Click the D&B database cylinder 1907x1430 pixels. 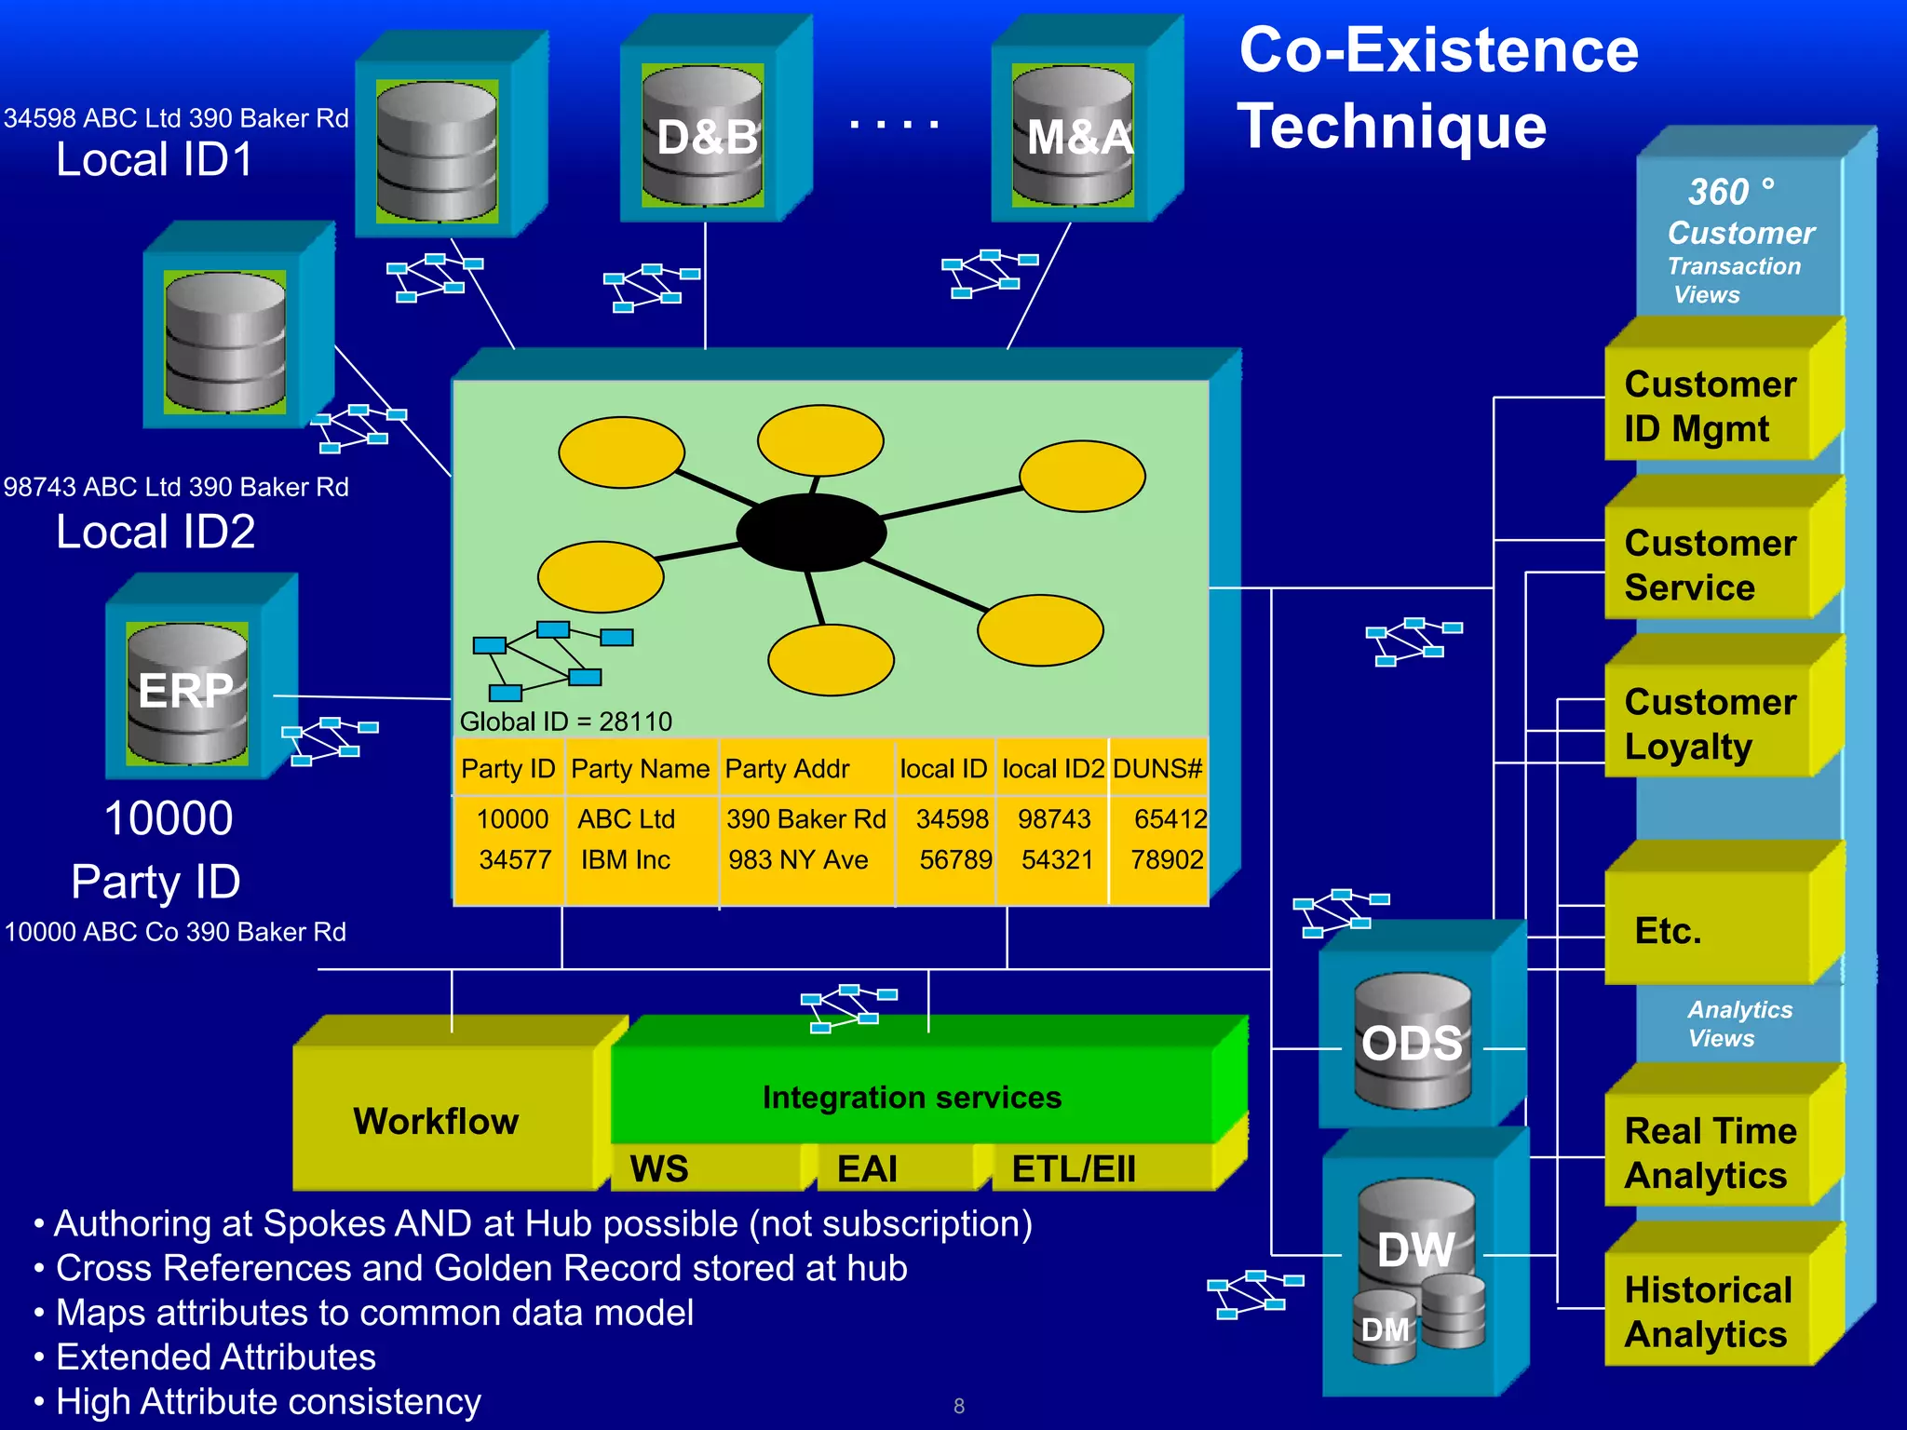pyautogui.click(x=703, y=135)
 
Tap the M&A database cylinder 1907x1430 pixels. pyautogui.click(x=1073, y=135)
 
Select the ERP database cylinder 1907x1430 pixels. pyautogui.click(x=187, y=694)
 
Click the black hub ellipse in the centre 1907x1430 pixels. pyautogui.click(x=811, y=533)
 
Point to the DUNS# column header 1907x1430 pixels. pyautogui.click(x=1157, y=769)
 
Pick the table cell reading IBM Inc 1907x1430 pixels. pyautogui.click(x=625, y=859)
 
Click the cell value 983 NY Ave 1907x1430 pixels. pyautogui.click(x=798, y=859)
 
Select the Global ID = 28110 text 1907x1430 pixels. pyautogui.click(x=565, y=722)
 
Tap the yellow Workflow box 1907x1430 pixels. pyautogui.click(x=436, y=1121)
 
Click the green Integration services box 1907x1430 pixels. pyautogui.click(x=912, y=1097)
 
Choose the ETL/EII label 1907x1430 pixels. pyautogui.click(x=1074, y=1169)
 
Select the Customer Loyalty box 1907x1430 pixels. pyautogui.click(x=1710, y=723)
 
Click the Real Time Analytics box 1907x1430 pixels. pyautogui.click(x=1710, y=1153)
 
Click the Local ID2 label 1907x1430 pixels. pyautogui.click(x=156, y=532)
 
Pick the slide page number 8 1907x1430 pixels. pyautogui.click(x=959, y=1406)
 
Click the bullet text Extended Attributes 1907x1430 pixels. pyautogui.click(x=216, y=1357)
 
